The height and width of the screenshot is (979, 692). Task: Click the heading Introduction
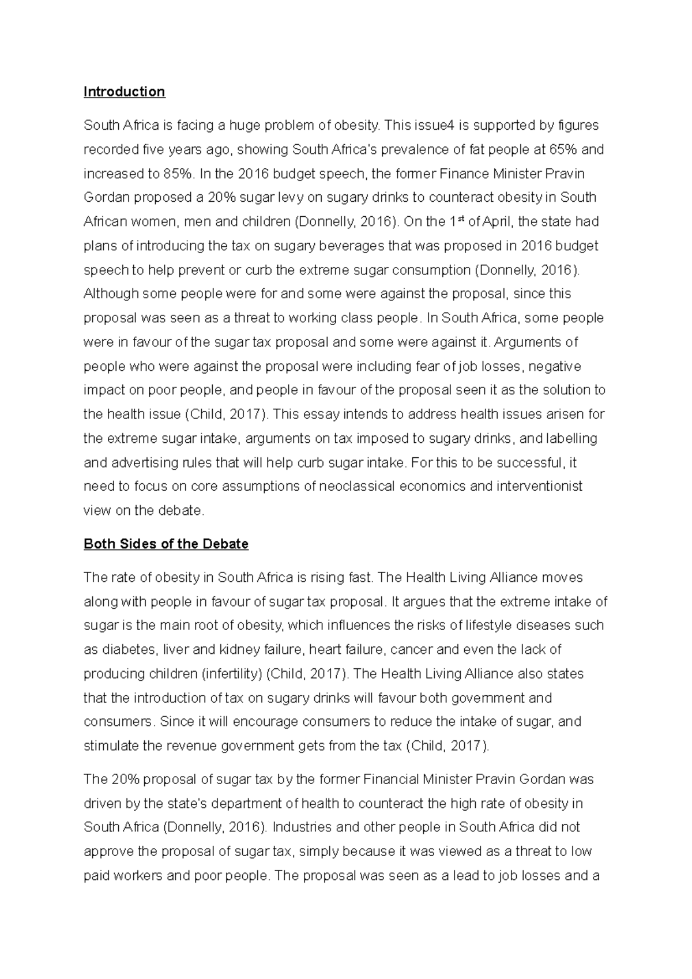(x=124, y=92)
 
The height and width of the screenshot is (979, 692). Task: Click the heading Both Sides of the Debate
(x=166, y=544)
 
